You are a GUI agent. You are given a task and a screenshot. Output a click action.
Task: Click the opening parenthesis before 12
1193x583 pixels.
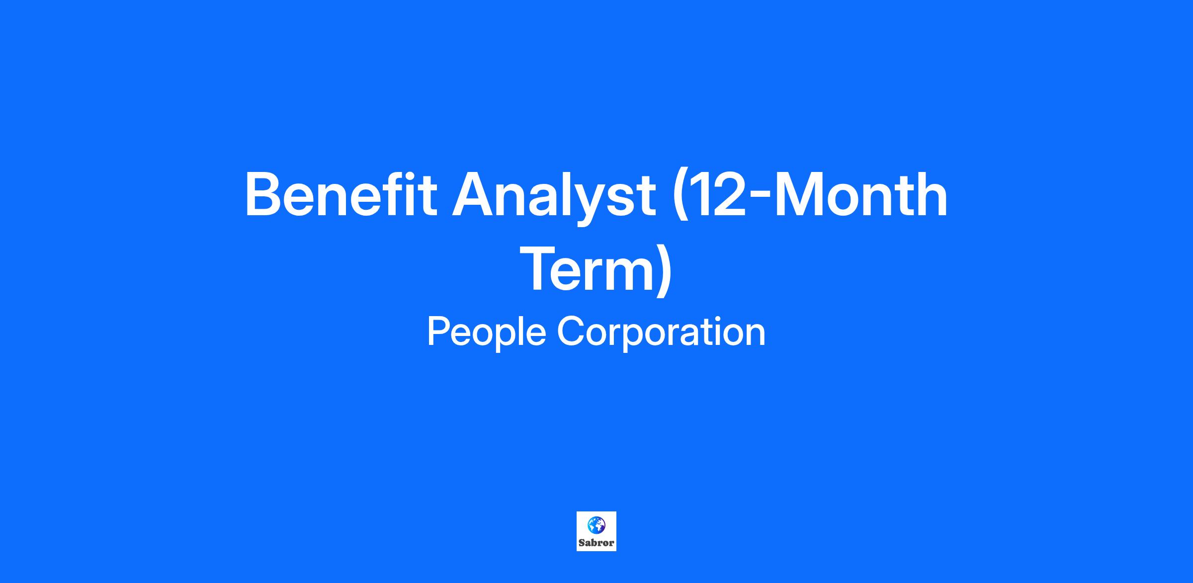click(x=679, y=197)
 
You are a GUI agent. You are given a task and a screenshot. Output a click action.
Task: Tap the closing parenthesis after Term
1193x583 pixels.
click(x=665, y=271)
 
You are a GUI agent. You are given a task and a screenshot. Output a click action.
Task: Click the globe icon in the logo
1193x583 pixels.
click(x=596, y=524)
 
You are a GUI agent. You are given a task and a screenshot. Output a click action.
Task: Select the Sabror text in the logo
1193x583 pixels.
click(x=596, y=543)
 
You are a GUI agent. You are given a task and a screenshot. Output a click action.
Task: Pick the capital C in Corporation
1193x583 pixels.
click(x=571, y=332)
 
